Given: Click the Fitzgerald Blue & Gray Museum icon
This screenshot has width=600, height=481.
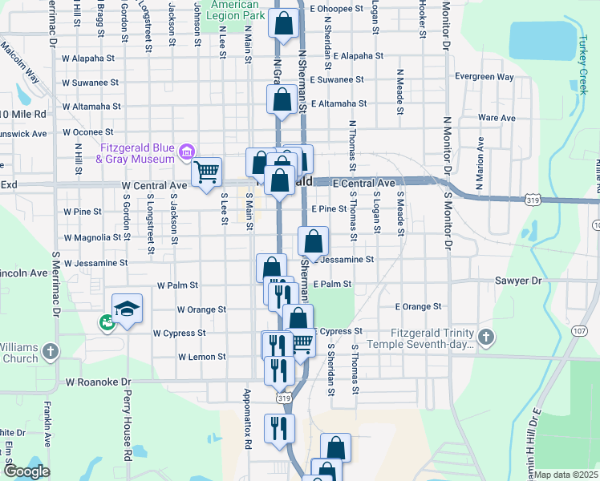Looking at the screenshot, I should [x=187, y=151].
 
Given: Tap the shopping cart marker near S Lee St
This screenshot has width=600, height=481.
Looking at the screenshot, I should [x=207, y=172].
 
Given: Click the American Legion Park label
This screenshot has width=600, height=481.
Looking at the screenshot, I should [x=237, y=10].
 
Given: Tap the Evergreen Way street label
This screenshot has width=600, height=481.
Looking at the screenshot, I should [x=484, y=77].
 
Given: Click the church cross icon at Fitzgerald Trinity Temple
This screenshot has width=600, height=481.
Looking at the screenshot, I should [x=484, y=338].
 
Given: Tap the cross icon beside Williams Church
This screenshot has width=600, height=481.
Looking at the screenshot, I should [x=50, y=350].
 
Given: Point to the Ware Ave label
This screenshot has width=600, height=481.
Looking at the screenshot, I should [x=496, y=118].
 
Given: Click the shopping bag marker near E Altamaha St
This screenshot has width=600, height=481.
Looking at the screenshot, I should [x=282, y=101].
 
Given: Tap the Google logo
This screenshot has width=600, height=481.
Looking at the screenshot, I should [x=26, y=471].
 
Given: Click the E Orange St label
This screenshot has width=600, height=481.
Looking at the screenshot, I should [x=418, y=306].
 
